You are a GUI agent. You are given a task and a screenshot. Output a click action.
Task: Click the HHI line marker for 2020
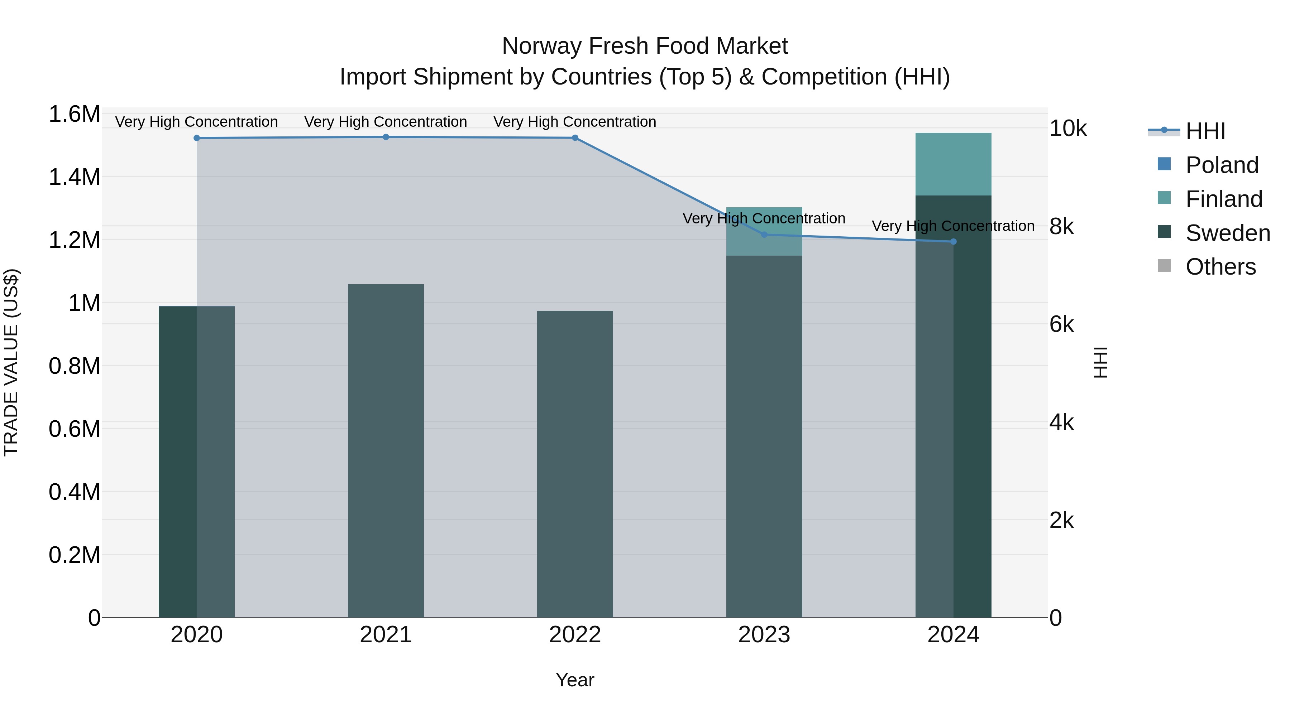pyautogui.click(x=197, y=138)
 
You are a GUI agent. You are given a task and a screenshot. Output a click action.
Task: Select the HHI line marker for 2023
pyautogui.click(x=764, y=235)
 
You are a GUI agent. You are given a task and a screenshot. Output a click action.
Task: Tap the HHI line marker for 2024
pyautogui.click(x=954, y=242)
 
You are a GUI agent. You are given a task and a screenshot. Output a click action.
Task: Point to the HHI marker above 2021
pyautogui.click(x=386, y=137)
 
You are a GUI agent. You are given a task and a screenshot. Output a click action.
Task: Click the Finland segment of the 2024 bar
pyautogui.click(x=954, y=164)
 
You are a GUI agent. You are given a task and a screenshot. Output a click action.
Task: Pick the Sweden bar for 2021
pyautogui.click(x=386, y=450)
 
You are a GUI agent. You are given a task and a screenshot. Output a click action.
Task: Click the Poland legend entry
pyautogui.click(x=1222, y=165)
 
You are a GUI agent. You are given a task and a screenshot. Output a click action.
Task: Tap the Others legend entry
pyautogui.click(x=1220, y=267)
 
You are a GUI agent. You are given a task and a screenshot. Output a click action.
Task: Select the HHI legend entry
pyautogui.click(x=1205, y=131)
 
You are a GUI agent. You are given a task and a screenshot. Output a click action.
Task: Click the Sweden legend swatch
pyautogui.click(x=1164, y=232)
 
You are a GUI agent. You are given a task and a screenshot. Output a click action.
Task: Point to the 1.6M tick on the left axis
pyautogui.click(x=74, y=114)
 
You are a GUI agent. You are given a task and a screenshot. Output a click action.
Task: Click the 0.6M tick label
pyautogui.click(x=74, y=429)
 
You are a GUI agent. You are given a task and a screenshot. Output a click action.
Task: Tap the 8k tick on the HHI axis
pyautogui.click(x=1062, y=227)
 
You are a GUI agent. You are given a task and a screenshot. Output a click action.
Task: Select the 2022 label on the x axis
pyautogui.click(x=575, y=635)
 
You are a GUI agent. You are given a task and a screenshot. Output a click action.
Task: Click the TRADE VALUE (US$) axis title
pyautogui.click(x=11, y=362)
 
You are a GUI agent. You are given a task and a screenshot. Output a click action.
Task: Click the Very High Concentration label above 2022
pyautogui.click(x=575, y=122)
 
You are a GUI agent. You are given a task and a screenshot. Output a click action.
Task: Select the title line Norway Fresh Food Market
pyautogui.click(x=645, y=46)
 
